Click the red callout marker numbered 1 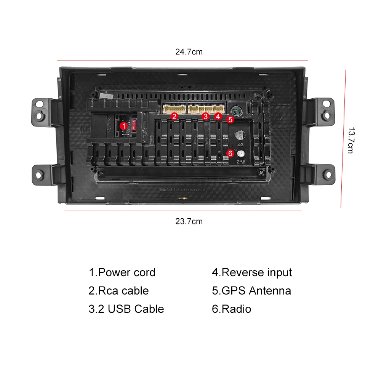pos(123,125)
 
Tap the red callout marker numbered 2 pos(174,116)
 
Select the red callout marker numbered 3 pos(206,116)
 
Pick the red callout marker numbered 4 pos(218,116)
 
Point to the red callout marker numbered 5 pos(230,119)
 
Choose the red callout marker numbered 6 pos(230,153)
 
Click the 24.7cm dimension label pos(189,52)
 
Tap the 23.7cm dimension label pos(189,221)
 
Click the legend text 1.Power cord pos(122,272)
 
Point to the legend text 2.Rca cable pos(118,291)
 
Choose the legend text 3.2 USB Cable pos(126,309)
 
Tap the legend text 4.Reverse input pos(252,272)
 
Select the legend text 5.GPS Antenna pos(251,291)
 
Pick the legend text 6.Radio pos(232,309)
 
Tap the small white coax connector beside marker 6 pos(241,154)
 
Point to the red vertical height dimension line pos(343,139)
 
